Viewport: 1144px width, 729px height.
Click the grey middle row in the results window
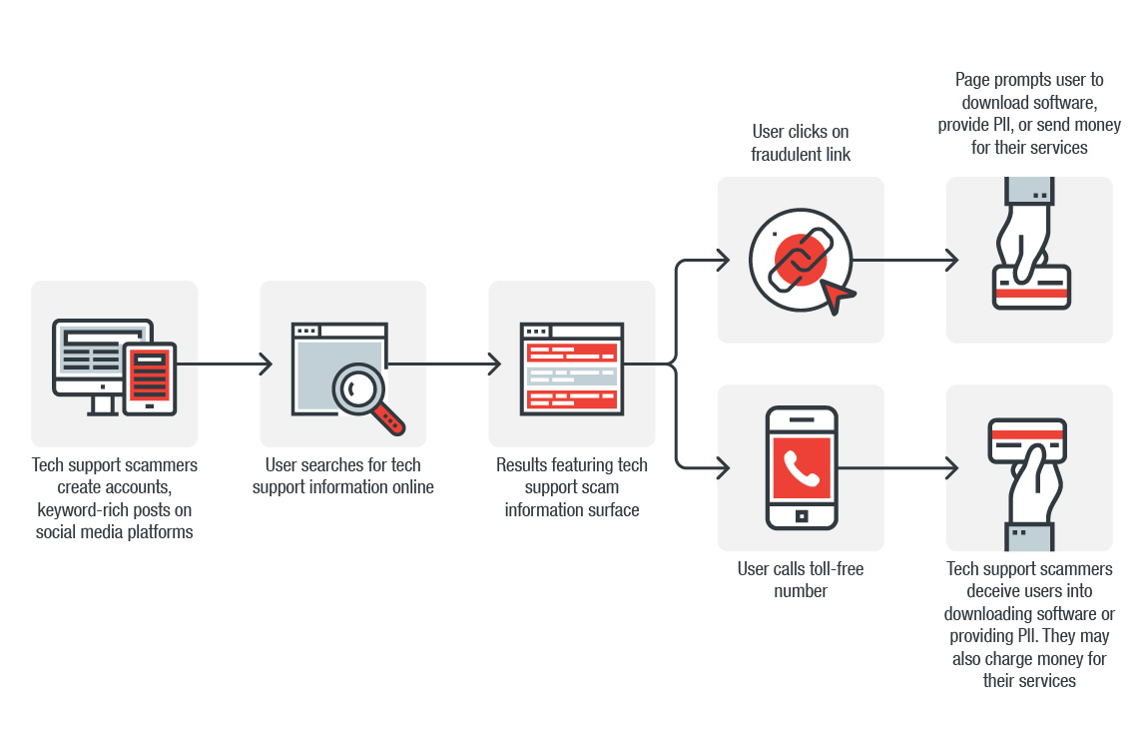571,375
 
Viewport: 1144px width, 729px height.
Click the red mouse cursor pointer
837,294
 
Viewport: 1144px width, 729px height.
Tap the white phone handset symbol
801,467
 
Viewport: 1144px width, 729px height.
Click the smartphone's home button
801,516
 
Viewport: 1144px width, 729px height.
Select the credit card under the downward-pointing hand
1031,288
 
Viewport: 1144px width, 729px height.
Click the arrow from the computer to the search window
225,364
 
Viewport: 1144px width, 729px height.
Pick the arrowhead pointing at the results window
494,364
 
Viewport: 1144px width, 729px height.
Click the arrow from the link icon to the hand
903,261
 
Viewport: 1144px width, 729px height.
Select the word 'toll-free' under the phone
833,569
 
